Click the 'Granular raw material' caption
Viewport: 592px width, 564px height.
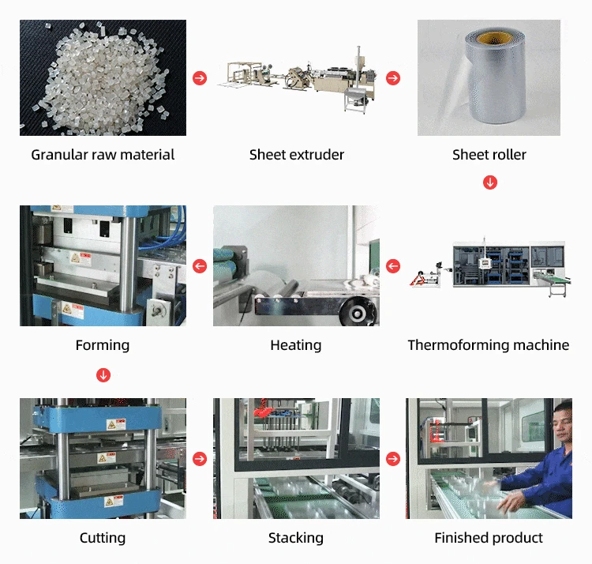[103, 155]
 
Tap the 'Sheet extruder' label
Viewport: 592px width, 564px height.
[296, 155]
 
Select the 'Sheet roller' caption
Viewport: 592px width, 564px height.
[489, 155]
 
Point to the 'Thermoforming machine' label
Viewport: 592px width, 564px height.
[488, 345]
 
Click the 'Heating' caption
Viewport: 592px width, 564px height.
[296, 345]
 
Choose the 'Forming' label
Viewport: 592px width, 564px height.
[103, 345]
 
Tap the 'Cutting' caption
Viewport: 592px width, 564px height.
[103, 538]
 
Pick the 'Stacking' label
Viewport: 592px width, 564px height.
[296, 538]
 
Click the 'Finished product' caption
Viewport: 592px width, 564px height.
[489, 538]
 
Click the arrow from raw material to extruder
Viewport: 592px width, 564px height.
[200, 78]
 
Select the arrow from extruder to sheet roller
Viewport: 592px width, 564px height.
[392, 78]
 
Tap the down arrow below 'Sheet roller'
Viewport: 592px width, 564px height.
[489, 182]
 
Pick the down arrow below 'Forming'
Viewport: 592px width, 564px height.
[103, 374]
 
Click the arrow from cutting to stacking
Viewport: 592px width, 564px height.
[200, 458]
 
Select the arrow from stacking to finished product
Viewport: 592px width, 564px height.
[392, 458]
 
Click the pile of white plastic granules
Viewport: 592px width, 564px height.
[99, 75]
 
